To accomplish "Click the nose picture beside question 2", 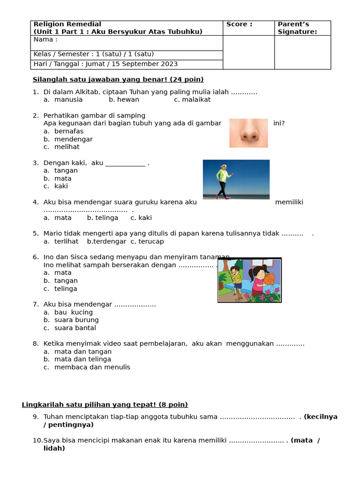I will [x=248, y=133].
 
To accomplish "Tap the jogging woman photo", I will [x=236, y=180].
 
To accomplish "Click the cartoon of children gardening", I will [x=249, y=280].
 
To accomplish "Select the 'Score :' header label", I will [x=239, y=24].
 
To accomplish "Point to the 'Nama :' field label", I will [x=45, y=39].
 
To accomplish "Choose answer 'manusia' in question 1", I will [x=68, y=100].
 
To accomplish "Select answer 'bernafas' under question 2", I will [x=68, y=131].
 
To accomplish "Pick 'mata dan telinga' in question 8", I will [x=82, y=360].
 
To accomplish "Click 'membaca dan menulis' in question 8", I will [x=92, y=367].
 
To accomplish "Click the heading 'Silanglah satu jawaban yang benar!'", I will [x=100, y=80].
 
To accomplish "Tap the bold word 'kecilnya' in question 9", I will [x=322, y=417].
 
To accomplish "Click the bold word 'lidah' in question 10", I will [x=53, y=449].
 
